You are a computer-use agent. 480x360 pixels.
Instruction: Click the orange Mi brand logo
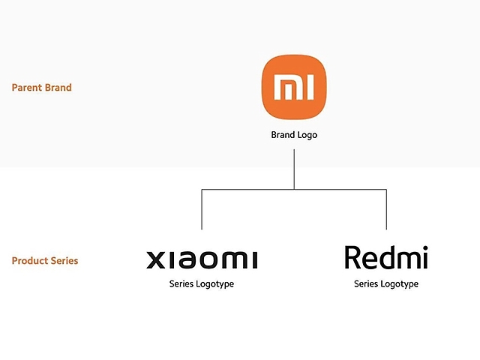pyautogui.click(x=294, y=88)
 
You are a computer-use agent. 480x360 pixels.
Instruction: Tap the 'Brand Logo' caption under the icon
pyautogui.click(x=294, y=136)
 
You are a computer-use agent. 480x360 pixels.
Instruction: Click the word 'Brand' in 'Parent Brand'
pyautogui.click(x=58, y=88)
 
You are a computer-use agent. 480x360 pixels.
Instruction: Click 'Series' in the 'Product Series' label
pyautogui.click(x=64, y=261)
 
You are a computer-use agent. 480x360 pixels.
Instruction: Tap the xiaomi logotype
pyautogui.click(x=202, y=260)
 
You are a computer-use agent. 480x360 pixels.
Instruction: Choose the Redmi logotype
pyautogui.click(x=386, y=258)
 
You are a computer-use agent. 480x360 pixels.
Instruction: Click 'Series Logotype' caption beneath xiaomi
pyautogui.click(x=202, y=284)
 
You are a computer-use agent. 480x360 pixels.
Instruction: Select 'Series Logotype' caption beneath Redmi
pyautogui.click(x=386, y=284)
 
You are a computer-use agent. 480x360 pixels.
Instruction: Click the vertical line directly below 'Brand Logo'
pyautogui.click(x=294, y=169)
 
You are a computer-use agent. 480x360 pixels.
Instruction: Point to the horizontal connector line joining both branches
pyautogui.click(x=294, y=190)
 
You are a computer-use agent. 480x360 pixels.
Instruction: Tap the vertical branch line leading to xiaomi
pyautogui.click(x=202, y=210)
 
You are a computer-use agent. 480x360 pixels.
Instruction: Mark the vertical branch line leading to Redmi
pyautogui.click(x=386, y=210)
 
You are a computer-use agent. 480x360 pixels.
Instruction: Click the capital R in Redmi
pyautogui.click(x=352, y=257)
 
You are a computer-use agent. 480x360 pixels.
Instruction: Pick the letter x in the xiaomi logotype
pyautogui.click(x=155, y=260)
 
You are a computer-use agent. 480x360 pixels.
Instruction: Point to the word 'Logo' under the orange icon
pyautogui.click(x=307, y=136)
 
